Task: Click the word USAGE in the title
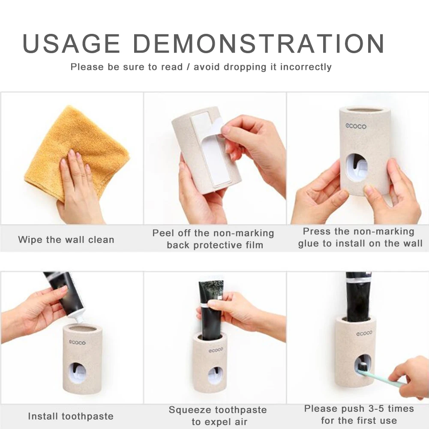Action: click(x=72, y=43)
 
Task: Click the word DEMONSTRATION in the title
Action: click(x=259, y=43)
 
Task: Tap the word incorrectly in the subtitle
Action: click(x=306, y=67)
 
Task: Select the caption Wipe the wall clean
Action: click(x=66, y=240)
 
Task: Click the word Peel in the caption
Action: click(x=163, y=233)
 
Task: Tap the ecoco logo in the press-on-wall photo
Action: click(x=356, y=126)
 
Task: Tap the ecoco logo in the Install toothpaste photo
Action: click(x=77, y=342)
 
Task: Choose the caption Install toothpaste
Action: click(x=71, y=416)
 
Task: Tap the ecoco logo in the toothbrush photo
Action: click(x=364, y=333)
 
